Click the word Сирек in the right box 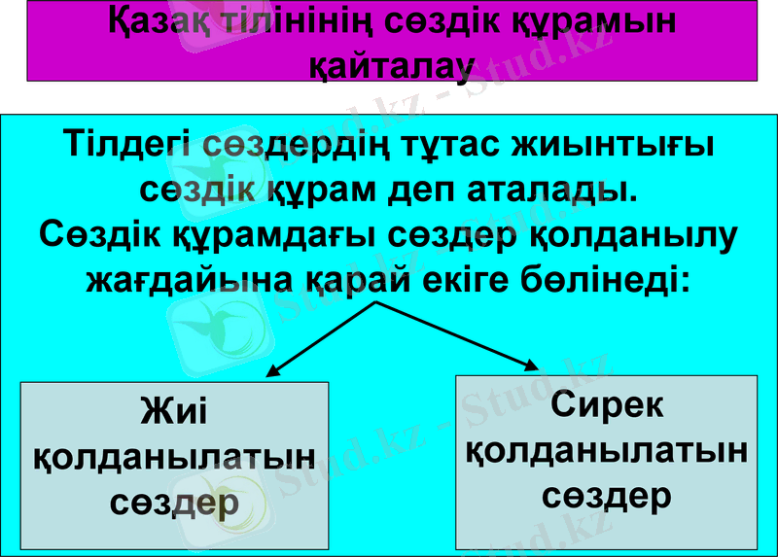[606, 404]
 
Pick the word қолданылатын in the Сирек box [606, 450]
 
